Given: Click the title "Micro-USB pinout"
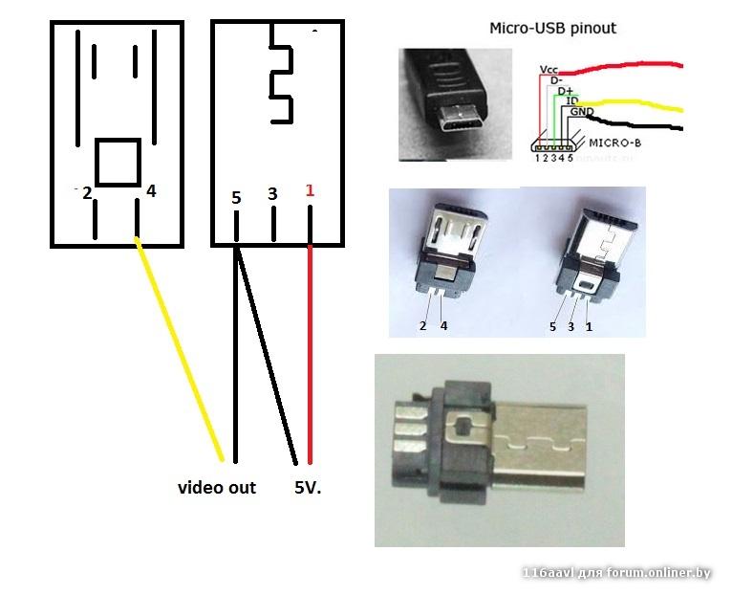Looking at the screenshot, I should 552,28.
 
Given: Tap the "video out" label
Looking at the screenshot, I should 217,488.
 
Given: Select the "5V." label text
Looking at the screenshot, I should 308,488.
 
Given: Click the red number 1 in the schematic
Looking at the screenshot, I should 309,190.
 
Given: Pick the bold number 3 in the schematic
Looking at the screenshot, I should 272,194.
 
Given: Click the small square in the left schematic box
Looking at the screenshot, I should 118,163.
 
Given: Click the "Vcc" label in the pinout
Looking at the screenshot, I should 549,70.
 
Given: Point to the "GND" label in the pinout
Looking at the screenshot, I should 580,112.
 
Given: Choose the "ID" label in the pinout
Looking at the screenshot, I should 572,100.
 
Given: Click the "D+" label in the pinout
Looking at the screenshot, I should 565,91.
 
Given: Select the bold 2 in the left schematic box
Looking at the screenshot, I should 87,193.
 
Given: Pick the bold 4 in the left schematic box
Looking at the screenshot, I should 150,191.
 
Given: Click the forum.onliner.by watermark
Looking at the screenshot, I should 616,573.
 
